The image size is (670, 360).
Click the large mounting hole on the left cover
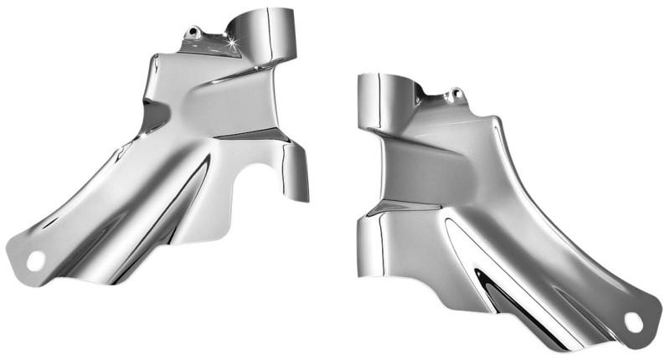tap(36, 260)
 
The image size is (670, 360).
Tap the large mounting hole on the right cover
tap(632, 321)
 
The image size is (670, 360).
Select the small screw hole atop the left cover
tap(194, 33)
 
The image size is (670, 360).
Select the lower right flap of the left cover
tap(295, 171)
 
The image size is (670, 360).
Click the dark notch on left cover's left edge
tap(151, 117)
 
